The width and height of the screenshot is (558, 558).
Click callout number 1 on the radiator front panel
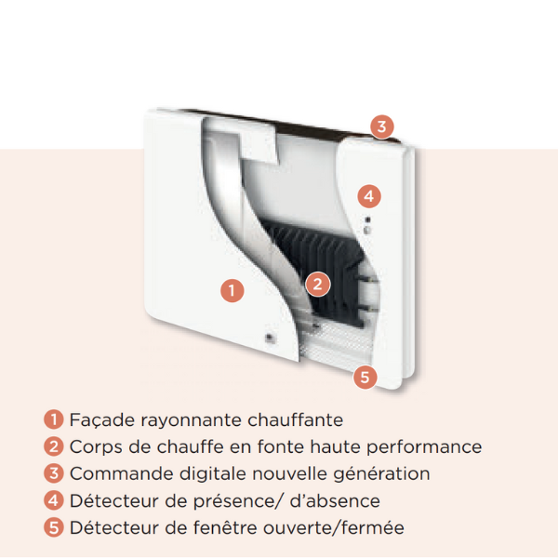pyautogui.click(x=232, y=290)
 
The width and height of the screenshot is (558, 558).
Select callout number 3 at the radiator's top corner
pyautogui.click(x=381, y=126)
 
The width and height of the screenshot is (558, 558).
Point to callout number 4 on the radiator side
pyautogui.click(x=369, y=196)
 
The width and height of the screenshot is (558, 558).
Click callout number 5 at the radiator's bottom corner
pyautogui.click(x=365, y=377)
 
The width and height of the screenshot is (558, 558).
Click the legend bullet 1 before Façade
pyautogui.click(x=56, y=420)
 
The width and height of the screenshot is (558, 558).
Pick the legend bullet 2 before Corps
pyautogui.click(x=56, y=447)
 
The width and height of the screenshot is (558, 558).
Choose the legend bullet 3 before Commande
pyautogui.click(x=56, y=473)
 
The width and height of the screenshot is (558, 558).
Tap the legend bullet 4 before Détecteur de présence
pyautogui.click(x=56, y=500)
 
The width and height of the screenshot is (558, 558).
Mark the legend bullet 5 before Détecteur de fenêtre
pyautogui.click(x=56, y=527)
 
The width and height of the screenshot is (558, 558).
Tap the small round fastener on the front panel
pyautogui.click(x=269, y=336)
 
